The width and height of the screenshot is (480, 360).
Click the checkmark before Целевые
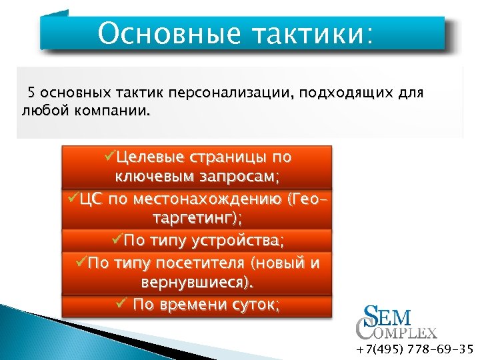pyautogui.click(x=109, y=157)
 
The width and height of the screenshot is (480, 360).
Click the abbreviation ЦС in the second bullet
pyautogui.click(x=89, y=199)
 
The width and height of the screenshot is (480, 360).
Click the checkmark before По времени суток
pyautogui.click(x=121, y=304)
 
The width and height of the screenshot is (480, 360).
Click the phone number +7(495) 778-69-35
pyautogui.click(x=414, y=349)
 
